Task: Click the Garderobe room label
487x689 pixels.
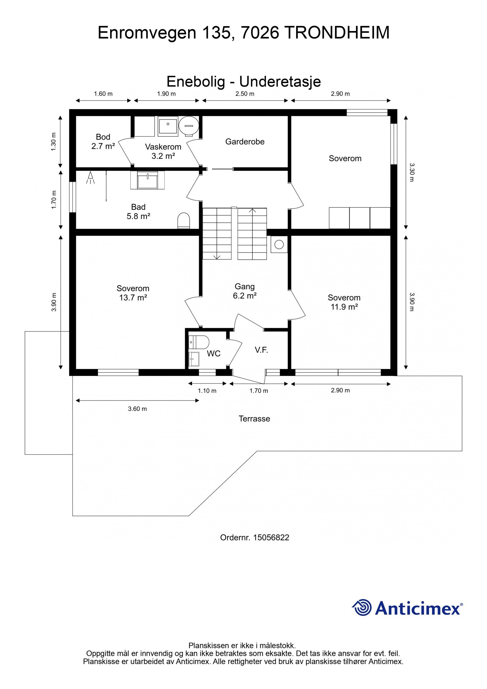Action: point(245,142)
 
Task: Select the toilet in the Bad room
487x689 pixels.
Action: point(184,220)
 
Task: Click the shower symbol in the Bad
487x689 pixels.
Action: point(90,178)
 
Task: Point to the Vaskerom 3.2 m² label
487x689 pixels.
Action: point(163,151)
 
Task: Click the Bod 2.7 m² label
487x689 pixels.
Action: point(103,142)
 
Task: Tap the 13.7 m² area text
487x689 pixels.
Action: point(133,298)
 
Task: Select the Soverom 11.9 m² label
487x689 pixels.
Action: point(344,302)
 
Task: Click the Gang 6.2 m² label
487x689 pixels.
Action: point(245,291)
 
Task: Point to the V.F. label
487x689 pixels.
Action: point(261,350)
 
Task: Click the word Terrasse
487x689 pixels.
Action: point(254,419)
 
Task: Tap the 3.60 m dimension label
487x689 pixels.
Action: point(137,409)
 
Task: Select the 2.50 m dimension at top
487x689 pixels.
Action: point(245,94)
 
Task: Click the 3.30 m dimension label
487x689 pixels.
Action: point(411,172)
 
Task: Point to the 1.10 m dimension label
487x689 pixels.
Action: point(207,391)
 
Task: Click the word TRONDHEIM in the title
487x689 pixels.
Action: point(338,33)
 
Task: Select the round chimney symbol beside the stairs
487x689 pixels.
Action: point(279,244)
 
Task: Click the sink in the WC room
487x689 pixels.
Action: point(194,359)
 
